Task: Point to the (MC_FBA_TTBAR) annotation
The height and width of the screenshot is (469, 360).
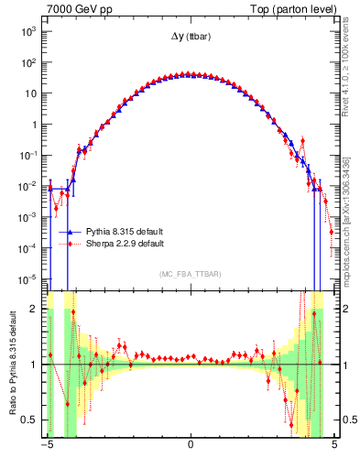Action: pyautogui.click(x=190, y=275)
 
